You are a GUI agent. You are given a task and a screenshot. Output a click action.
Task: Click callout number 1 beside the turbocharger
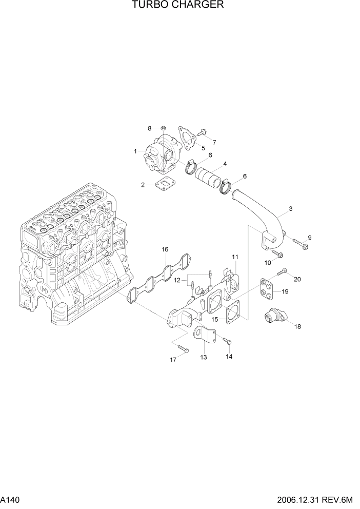click(x=135, y=151)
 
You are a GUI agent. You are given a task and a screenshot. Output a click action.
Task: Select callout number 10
click(x=267, y=263)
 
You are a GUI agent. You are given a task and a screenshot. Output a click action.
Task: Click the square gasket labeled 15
click(x=232, y=314)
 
